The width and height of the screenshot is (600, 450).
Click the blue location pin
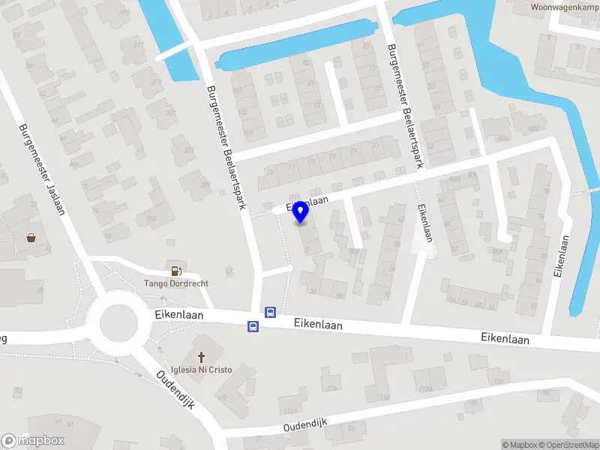(301, 212)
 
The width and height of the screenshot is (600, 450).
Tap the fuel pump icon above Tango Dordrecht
(176, 271)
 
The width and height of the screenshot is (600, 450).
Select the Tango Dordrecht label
(176, 283)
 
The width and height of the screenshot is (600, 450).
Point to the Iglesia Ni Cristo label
(201, 370)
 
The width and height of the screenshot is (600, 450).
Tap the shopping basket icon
(31, 238)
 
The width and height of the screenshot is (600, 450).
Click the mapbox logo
(33, 441)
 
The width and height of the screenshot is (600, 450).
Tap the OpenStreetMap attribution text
(568, 445)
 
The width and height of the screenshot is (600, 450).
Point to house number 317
(138, 44)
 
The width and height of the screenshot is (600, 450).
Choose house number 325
(205, 184)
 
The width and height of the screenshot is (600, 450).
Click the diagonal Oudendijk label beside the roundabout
(175, 389)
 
